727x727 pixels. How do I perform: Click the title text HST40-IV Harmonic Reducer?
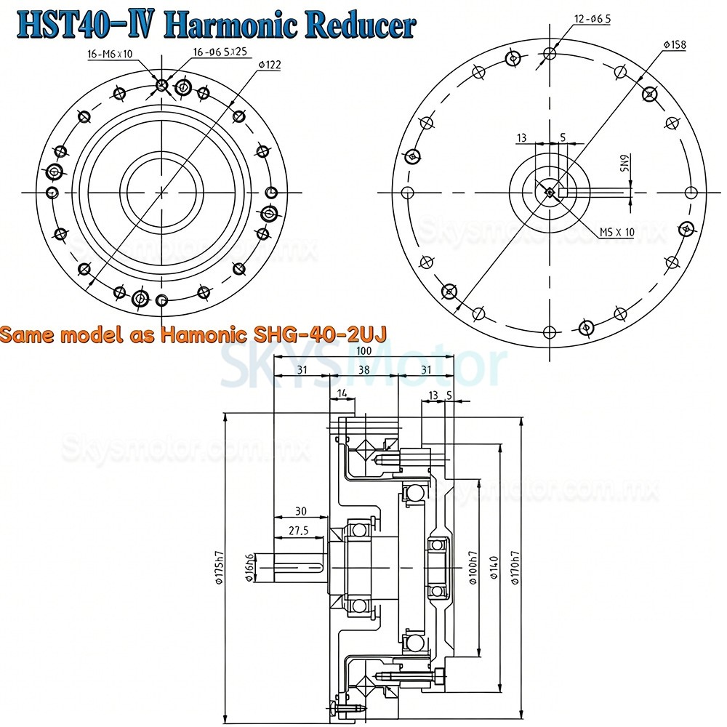(x=216, y=24)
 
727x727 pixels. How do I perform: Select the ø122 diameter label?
(x=269, y=65)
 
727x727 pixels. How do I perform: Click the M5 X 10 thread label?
(x=616, y=232)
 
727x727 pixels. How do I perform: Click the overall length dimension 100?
(x=363, y=352)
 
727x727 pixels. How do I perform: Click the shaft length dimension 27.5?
(x=299, y=531)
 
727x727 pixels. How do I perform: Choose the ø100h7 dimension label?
(x=471, y=568)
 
